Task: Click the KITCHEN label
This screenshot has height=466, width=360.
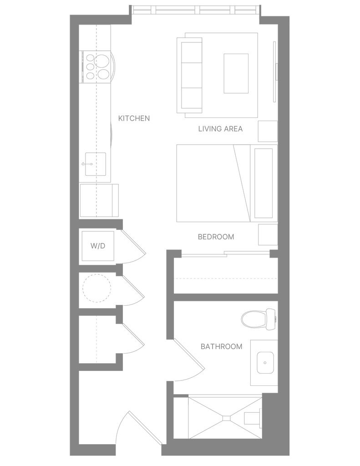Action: click(x=134, y=118)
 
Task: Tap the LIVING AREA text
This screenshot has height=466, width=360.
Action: click(x=220, y=129)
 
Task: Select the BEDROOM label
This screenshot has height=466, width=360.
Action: click(x=216, y=237)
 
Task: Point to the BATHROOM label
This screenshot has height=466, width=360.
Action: click(x=221, y=346)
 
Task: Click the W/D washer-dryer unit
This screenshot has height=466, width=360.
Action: click(x=98, y=246)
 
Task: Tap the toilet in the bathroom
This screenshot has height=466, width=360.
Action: click(x=259, y=319)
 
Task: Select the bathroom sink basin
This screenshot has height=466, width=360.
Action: click(x=265, y=363)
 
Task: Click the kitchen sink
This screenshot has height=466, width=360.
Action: click(x=96, y=164)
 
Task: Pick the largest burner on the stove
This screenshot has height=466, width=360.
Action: click(x=101, y=61)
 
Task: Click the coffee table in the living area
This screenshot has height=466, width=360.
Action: click(x=236, y=73)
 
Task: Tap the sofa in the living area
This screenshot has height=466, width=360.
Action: click(x=190, y=75)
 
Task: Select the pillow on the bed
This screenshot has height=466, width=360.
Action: click(x=264, y=183)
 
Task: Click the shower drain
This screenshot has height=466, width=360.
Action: click(x=227, y=418)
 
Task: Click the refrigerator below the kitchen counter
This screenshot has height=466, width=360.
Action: click(x=99, y=200)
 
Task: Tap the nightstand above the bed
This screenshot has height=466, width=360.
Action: click(x=268, y=132)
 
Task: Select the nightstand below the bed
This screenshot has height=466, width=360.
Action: click(x=268, y=234)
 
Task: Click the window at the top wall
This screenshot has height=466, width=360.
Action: click(x=196, y=10)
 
